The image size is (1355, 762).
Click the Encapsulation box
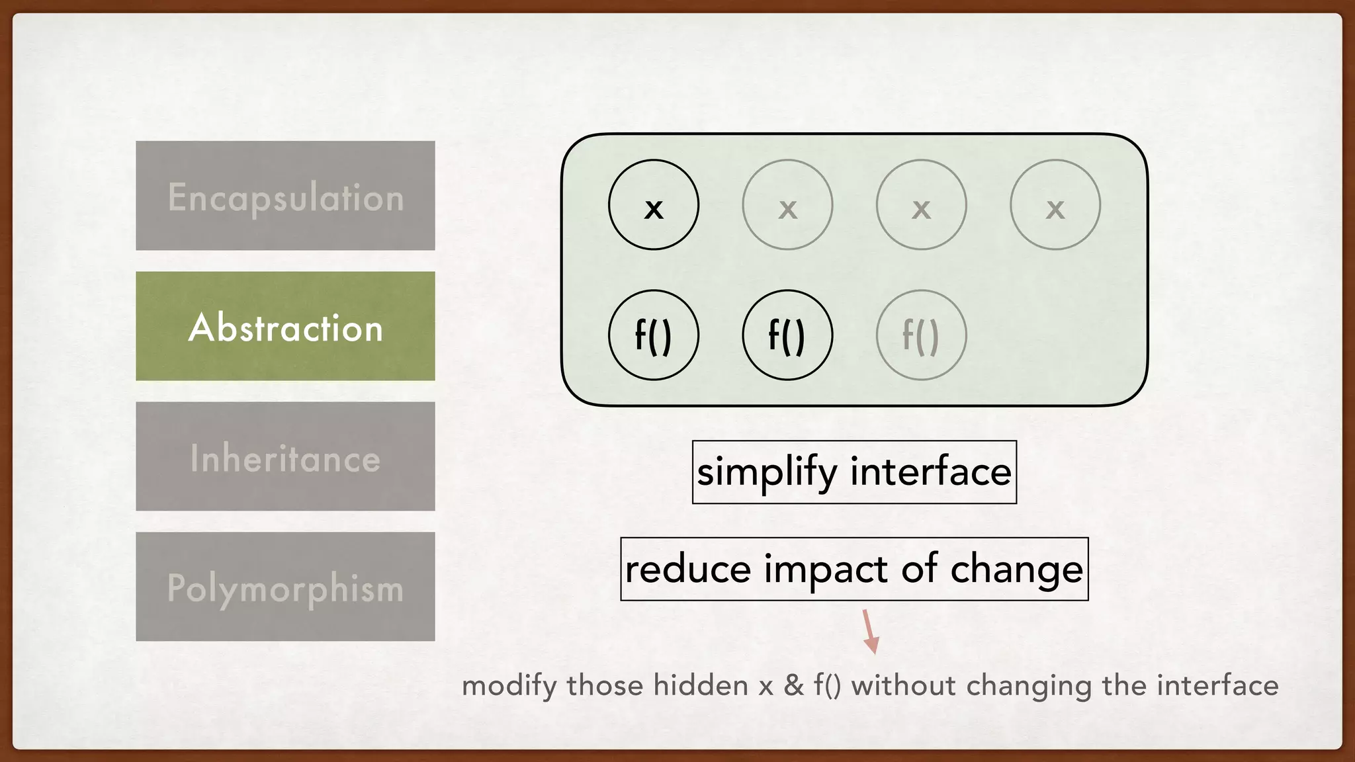(285, 196)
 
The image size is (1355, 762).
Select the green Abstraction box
(285, 326)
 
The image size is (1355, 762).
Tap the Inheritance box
(285, 456)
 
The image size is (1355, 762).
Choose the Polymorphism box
(285, 587)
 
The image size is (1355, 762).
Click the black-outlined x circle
(653, 204)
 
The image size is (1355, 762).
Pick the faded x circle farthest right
(1055, 204)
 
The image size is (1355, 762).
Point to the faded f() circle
(921, 335)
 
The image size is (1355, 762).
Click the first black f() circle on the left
(653, 335)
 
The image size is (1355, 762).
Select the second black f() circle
(787, 335)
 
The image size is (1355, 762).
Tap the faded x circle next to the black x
(787, 204)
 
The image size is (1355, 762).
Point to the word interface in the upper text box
(930, 472)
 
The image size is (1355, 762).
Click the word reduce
(688, 569)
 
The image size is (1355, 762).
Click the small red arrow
(869, 632)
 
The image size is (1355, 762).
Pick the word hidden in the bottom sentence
(700, 685)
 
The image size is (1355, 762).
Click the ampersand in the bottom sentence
(793, 685)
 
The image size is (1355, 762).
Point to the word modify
(509, 686)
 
